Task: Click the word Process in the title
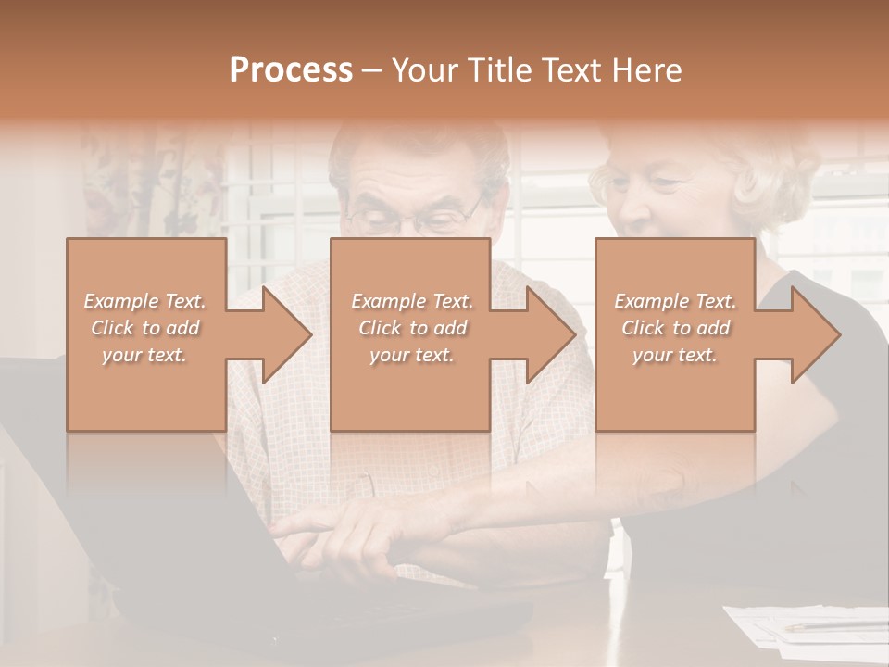coord(291,70)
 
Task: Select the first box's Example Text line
coord(144,301)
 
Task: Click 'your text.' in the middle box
coord(411,355)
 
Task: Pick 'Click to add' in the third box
coord(675,328)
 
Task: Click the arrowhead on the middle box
coord(573,334)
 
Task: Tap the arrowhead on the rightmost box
coord(837,334)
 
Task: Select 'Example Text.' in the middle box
coord(411,301)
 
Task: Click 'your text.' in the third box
coord(675,355)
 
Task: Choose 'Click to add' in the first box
coord(144,328)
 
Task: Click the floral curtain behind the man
coord(139,185)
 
